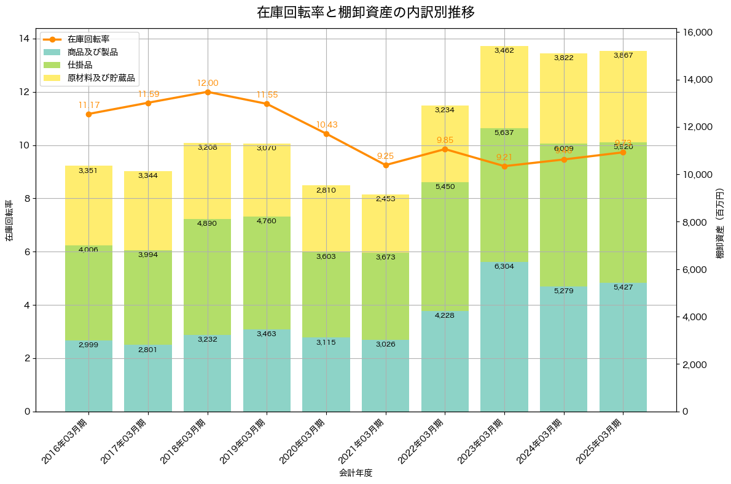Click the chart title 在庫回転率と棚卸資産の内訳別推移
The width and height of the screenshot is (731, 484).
(x=365, y=12)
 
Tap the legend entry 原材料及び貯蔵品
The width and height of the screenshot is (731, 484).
(x=101, y=78)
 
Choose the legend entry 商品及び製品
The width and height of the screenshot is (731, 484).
(x=92, y=52)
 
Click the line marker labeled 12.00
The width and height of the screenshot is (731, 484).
(x=208, y=92)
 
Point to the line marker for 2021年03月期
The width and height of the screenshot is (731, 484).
(x=386, y=165)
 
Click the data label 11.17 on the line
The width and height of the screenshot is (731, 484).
(x=88, y=105)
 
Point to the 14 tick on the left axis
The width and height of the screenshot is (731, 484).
(x=25, y=39)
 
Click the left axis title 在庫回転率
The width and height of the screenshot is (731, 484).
(x=9, y=221)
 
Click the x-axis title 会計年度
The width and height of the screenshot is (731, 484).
(x=356, y=473)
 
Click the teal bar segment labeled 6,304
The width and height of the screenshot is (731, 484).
(x=504, y=337)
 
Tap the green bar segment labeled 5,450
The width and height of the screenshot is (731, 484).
(x=445, y=245)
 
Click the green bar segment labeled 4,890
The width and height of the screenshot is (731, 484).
(x=208, y=276)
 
